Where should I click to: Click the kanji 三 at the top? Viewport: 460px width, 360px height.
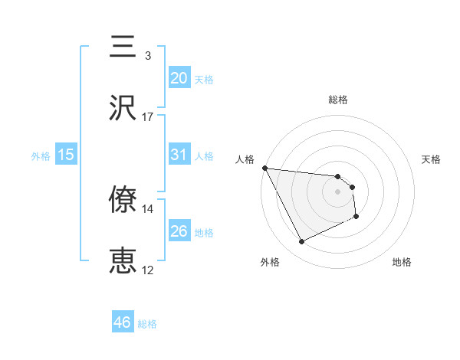[x=123, y=47]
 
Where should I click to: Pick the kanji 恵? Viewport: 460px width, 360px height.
[x=123, y=261]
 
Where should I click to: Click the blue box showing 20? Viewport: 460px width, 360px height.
[x=179, y=78]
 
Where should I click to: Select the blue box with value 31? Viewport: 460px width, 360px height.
[x=179, y=155]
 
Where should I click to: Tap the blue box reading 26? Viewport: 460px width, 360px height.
[x=179, y=231]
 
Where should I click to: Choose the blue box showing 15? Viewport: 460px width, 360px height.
[x=65, y=155]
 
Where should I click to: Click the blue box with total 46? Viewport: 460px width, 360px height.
[x=122, y=322]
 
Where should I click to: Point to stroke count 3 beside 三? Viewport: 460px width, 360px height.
[x=147, y=56]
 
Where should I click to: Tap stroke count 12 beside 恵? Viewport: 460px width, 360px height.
[x=147, y=270]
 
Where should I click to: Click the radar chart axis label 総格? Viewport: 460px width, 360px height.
[x=338, y=100]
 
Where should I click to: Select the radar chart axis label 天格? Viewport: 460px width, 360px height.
[x=432, y=159]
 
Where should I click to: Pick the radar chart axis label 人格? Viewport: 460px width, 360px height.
[x=245, y=159]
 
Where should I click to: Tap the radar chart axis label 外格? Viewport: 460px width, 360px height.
[x=270, y=263]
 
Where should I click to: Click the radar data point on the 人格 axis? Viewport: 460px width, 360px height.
[x=264, y=168]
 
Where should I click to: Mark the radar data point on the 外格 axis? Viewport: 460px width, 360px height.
[x=301, y=242]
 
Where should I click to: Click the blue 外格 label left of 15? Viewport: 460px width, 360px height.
[x=41, y=155]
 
